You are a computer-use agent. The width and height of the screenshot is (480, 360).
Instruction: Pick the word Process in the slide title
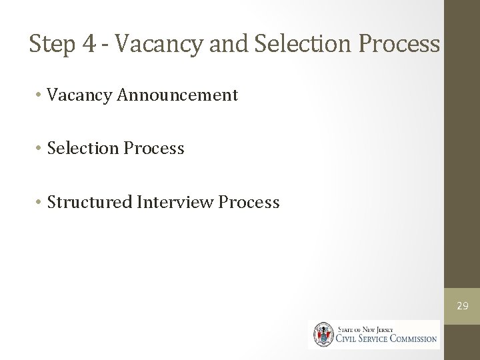pos(401,45)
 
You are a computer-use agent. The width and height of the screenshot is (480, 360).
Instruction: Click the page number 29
pos(462,306)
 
